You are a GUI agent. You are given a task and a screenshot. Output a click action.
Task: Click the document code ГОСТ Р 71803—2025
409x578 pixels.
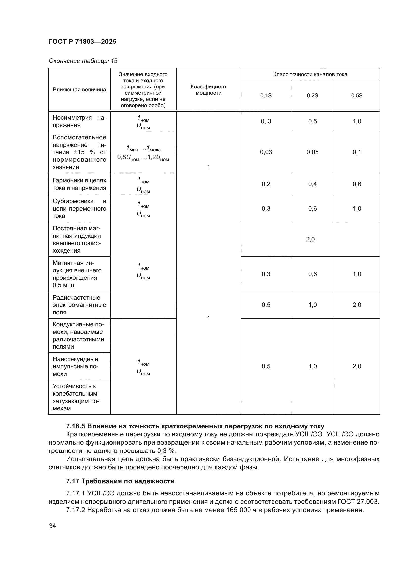coord(82,42)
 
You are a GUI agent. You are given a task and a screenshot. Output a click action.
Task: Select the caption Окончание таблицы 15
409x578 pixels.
coord(83,61)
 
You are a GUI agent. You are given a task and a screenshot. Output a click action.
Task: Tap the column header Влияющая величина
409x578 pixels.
coord(79,90)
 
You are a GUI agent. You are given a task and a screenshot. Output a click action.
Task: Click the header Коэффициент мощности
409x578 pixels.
coord(208,90)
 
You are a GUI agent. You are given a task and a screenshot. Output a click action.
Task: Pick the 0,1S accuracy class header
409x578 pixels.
coord(266,96)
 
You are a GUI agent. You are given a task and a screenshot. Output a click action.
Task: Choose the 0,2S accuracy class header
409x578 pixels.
coord(312,96)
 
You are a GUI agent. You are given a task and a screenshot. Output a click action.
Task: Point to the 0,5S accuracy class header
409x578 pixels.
coord(357,96)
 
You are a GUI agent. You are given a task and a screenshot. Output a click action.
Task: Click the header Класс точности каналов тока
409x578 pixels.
coord(310,75)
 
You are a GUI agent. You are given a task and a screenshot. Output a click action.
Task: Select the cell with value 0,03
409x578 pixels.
coord(266,152)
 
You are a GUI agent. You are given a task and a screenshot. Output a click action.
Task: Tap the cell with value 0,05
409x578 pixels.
coord(312,152)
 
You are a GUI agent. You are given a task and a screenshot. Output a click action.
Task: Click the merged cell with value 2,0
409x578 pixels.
coord(310,239)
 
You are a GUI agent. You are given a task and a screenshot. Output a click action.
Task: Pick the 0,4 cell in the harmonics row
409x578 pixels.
coord(312,184)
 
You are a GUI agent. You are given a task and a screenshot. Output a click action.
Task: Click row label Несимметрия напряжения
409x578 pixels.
coord(79,122)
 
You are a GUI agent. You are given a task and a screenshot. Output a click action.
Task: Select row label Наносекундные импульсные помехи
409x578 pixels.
coord(76,366)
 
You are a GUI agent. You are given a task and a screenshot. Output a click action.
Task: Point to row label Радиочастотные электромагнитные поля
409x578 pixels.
coord(79,305)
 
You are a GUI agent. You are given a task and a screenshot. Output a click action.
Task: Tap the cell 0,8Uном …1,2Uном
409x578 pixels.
coord(143,158)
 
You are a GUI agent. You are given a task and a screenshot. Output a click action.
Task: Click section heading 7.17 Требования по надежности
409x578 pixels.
coord(120,481)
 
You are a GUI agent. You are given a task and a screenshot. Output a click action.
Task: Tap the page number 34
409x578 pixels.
coord(52,526)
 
